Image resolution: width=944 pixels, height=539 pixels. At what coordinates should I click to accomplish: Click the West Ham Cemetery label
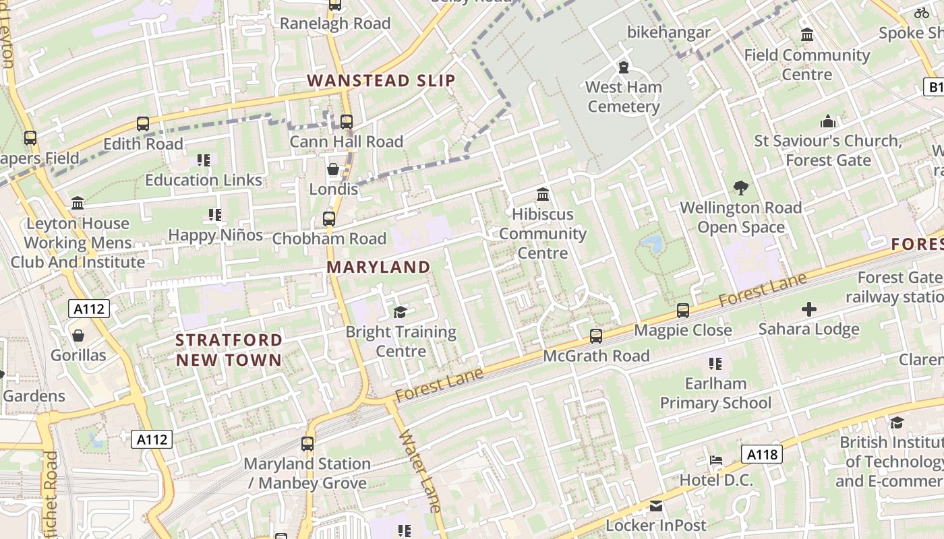pos(623,96)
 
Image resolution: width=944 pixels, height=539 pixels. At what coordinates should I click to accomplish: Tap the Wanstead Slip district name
pos(382,81)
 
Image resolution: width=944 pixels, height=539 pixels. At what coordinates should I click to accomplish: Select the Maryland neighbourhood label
pos(378,267)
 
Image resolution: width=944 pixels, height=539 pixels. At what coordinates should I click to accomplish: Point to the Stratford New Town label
pos(229,350)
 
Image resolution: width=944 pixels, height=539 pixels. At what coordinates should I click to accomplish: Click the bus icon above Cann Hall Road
pos(347,122)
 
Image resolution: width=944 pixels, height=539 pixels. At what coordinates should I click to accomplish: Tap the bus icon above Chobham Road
pos(329,219)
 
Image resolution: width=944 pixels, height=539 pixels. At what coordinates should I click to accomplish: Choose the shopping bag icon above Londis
pos(333,168)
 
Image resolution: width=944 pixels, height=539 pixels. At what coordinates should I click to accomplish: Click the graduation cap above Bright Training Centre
pos(401,312)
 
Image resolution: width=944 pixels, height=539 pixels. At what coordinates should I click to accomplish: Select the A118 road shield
pos(763,455)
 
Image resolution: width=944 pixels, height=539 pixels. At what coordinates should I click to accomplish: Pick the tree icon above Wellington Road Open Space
pos(740,187)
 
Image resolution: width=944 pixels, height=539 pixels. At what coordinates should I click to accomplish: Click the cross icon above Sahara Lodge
pos(808,309)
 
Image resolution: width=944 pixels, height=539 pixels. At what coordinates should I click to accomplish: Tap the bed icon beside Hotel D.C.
pos(716,460)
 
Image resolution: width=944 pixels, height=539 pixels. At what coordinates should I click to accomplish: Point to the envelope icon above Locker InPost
pos(655,506)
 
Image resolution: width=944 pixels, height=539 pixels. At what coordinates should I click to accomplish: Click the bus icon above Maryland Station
pos(307,444)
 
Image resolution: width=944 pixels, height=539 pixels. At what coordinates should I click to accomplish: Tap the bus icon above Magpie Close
pos(683,311)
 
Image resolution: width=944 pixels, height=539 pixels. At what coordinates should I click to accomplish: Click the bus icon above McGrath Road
pos(596,336)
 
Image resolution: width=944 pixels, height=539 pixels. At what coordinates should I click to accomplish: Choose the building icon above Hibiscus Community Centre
pos(543,195)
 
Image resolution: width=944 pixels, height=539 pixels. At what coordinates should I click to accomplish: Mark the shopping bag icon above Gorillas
pos(78,335)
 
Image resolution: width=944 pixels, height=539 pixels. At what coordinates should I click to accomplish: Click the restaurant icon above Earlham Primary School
pos(715,364)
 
